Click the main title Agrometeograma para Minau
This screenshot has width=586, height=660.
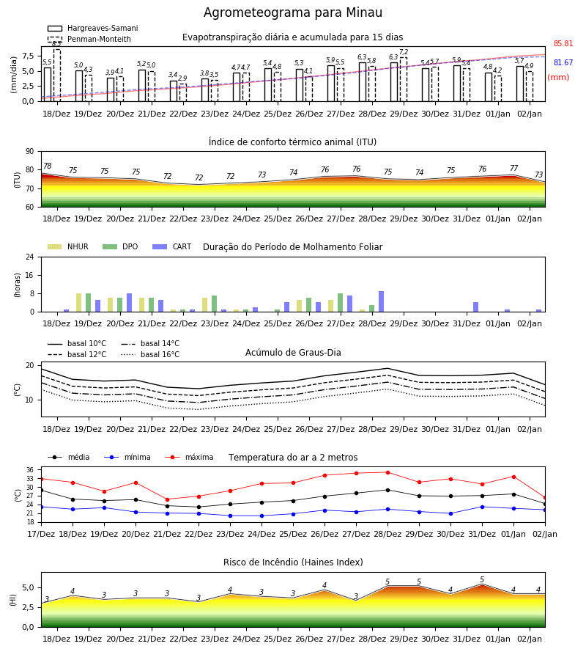click(x=292, y=12)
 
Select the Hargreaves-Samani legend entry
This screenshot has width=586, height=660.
click(x=92, y=28)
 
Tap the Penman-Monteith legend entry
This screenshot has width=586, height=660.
click(x=89, y=39)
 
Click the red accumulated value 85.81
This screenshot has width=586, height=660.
click(x=563, y=43)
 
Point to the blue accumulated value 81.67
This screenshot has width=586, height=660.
click(x=563, y=62)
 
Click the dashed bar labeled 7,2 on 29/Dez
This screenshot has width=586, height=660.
click(x=404, y=79)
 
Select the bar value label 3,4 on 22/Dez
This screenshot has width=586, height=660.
click(x=173, y=75)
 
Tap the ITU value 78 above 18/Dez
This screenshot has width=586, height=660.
click(x=48, y=166)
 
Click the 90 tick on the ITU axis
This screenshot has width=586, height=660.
click(x=30, y=152)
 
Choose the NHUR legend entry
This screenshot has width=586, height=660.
click(x=68, y=246)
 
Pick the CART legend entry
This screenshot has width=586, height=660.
click(x=172, y=246)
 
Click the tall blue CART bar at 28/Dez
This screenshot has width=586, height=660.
click(x=382, y=301)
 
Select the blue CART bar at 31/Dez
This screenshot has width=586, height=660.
click(x=476, y=307)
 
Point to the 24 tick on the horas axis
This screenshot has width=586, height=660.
click(x=30, y=257)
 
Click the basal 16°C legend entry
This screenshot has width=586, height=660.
click(x=150, y=354)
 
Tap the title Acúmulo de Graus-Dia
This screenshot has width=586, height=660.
click(x=293, y=352)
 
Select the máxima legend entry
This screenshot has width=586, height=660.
click(x=189, y=457)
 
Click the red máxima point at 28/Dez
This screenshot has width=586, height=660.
click(x=388, y=472)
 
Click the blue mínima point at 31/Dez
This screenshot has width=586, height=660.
click(x=483, y=507)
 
